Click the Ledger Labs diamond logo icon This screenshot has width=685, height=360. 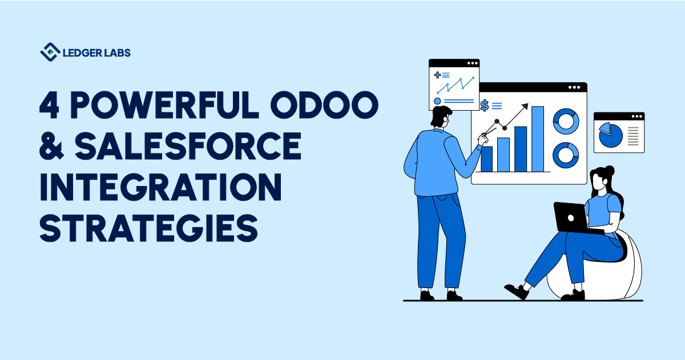pos(50,52)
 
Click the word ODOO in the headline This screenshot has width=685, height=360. pos(324,105)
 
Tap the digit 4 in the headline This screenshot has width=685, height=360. pos(49,105)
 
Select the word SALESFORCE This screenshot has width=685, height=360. pos(188,145)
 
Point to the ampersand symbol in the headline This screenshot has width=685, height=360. pos(51,145)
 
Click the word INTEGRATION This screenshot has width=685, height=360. pos(160,187)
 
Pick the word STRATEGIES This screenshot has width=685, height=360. pos(148,228)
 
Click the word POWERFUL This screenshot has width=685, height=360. pos(165,105)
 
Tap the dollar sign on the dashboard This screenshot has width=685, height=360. pos(485,106)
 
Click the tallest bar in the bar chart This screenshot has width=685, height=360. pos(538,139)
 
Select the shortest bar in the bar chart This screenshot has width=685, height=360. pos(486,159)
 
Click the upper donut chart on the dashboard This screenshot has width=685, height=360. pos(566,122)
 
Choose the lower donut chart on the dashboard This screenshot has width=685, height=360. pos(566,155)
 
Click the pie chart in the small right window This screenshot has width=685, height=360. pos(611,135)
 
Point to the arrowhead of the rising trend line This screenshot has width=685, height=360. pos(525,106)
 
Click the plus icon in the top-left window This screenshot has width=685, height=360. pos(438,75)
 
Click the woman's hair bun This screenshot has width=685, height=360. pos(610,169)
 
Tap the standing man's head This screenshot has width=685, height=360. pos(441,116)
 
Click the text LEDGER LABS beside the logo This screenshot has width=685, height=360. pos(96,52)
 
